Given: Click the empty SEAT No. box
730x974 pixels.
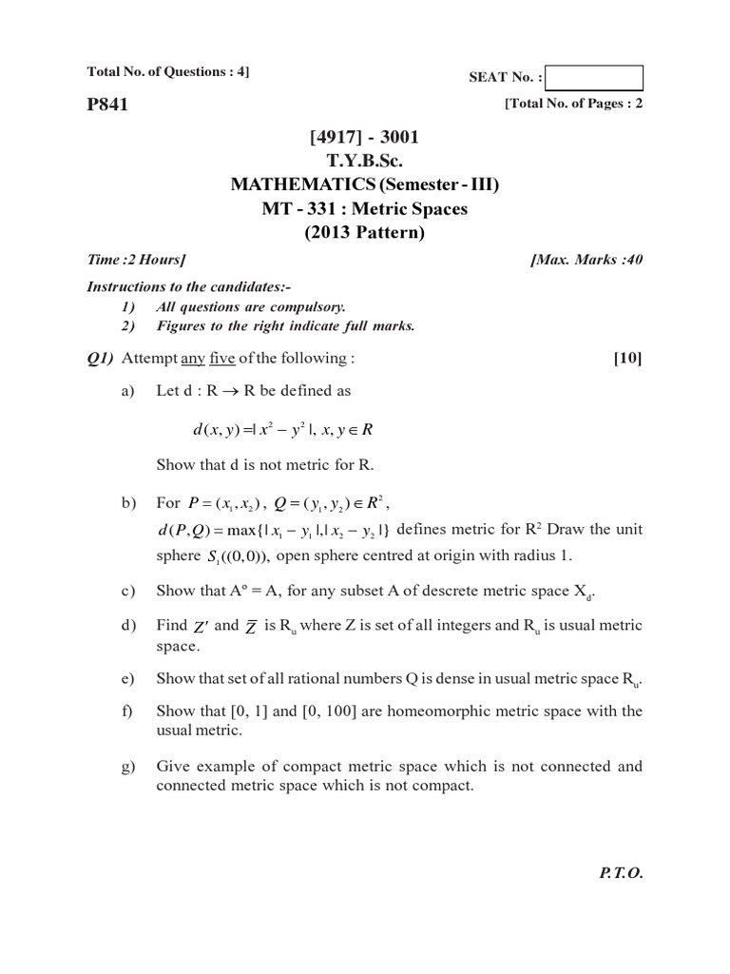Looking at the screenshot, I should [595, 78].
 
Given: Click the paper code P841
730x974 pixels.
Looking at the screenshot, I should [106, 106].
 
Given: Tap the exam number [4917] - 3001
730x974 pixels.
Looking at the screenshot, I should [364, 138].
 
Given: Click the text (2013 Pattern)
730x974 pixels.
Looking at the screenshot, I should [365, 233].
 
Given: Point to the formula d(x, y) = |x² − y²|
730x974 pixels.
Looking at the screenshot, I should [282, 430].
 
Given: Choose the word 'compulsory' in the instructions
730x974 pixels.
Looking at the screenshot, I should [309, 306].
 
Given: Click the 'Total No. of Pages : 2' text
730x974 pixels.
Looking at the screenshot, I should [574, 105].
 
